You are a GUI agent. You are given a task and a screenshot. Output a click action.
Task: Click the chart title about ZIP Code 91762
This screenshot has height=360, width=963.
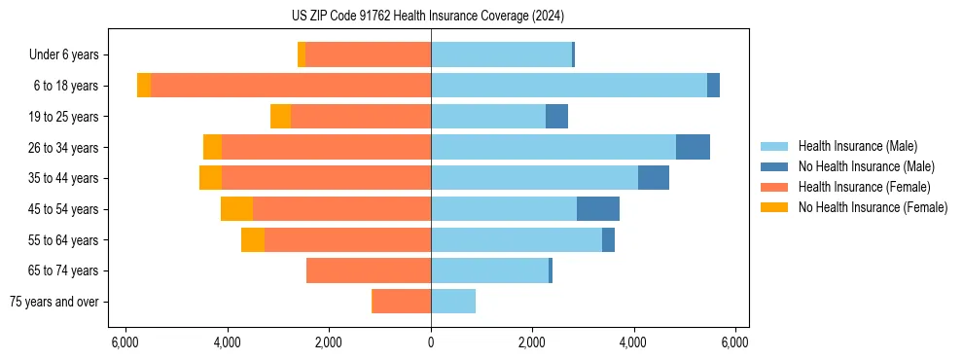coord(427,17)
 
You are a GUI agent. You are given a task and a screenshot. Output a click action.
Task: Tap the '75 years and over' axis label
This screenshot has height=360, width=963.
coord(54,302)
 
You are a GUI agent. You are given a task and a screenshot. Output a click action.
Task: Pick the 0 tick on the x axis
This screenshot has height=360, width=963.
coord(431,342)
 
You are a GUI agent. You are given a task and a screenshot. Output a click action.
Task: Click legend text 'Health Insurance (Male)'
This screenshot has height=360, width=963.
coord(857,146)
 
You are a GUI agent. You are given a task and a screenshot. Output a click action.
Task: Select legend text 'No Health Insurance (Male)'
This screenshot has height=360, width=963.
coord(866,166)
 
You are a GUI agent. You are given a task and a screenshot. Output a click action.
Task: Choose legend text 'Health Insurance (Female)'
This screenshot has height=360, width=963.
coord(864,187)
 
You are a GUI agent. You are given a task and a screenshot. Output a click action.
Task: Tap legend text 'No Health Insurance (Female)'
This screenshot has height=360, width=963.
coord(873,207)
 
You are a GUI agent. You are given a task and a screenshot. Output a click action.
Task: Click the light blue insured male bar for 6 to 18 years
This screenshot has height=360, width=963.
coord(569,86)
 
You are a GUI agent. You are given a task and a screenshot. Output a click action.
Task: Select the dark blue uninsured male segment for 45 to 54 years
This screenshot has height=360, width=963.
coord(598,209)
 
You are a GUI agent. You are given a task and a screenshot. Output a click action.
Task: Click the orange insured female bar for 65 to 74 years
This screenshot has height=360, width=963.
coord(369,270)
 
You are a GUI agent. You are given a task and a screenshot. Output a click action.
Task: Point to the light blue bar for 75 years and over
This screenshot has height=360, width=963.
coord(453,302)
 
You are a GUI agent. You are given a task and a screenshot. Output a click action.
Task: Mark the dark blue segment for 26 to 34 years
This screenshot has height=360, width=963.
coord(693,147)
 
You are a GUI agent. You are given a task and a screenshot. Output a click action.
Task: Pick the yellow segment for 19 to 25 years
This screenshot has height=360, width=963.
coord(280,117)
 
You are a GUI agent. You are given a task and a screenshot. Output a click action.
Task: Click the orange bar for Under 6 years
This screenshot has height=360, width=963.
coord(369,54)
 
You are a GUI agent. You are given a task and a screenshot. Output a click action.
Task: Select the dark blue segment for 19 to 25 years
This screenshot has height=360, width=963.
coord(556,117)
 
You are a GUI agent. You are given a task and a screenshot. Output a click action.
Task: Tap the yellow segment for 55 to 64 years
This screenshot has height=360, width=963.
coord(253,239)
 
